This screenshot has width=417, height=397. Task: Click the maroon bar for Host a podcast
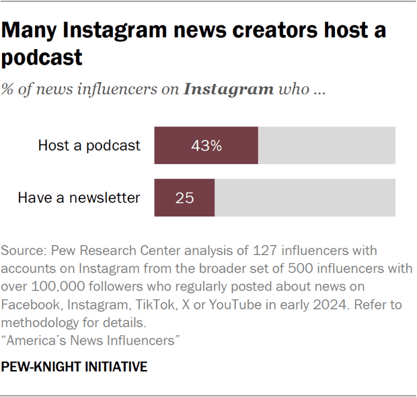click(206, 145)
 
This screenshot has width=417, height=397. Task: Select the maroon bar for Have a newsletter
click(184, 198)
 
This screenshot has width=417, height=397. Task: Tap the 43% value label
click(206, 145)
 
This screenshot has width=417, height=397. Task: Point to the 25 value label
click(184, 198)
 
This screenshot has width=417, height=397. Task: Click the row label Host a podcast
click(89, 145)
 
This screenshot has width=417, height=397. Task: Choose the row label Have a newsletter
click(79, 198)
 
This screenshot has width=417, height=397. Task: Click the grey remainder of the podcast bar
click(327, 145)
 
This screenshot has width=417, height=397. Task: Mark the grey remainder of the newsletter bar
click(305, 198)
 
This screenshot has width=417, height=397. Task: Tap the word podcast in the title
click(42, 57)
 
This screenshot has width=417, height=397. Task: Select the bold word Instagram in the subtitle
click(229, 89)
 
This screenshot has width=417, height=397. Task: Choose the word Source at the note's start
click(22, 251)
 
